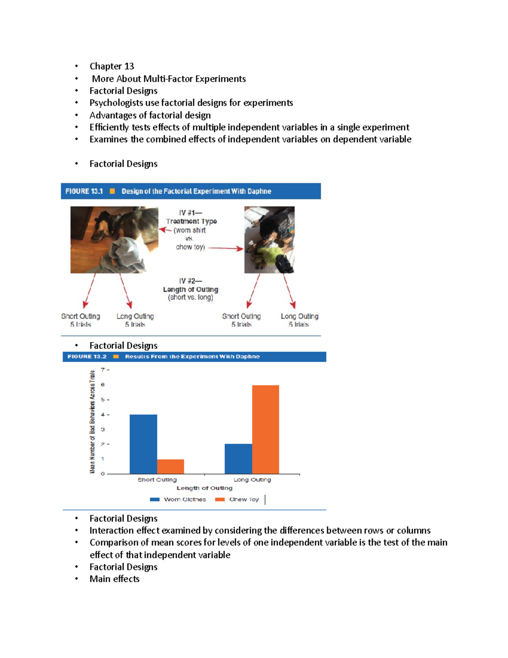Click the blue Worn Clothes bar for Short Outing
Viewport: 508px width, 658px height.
(x=143, y=444)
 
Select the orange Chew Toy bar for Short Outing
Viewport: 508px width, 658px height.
(x=171, y=466)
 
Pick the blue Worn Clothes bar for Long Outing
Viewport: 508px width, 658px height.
(x=238, y=459)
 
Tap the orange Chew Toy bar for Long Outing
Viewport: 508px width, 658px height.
(x=265, y=429)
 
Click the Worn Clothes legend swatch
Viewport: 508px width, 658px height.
(x=155, y=500)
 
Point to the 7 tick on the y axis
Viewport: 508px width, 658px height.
(x=102, y=370)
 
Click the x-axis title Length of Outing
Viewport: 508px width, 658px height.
(x=204, y=488)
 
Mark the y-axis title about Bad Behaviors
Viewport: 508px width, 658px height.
(x=92, y=422)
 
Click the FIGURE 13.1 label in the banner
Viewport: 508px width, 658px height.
(x=84, y=191)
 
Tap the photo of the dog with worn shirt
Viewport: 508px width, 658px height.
(x=114, y=240)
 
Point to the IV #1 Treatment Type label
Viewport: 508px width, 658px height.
(x=191, y=217)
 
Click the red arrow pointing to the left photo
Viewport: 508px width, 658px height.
(x=165, y=230)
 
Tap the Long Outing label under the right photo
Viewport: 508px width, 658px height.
(x=299, y=316)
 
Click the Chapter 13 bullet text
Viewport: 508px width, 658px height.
(x=112, y=66)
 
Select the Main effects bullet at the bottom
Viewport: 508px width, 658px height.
(x=114, y=579)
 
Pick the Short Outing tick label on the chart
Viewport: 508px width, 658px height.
(x=157, y=480)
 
